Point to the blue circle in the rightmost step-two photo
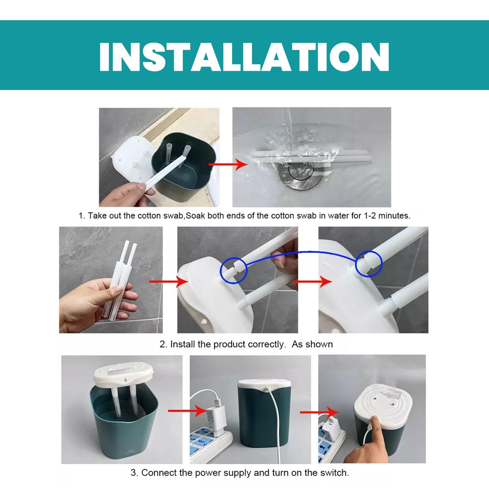coord(368,264)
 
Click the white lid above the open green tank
coord(120,375)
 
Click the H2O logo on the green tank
coord(130,451)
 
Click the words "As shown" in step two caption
coord(312,344)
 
